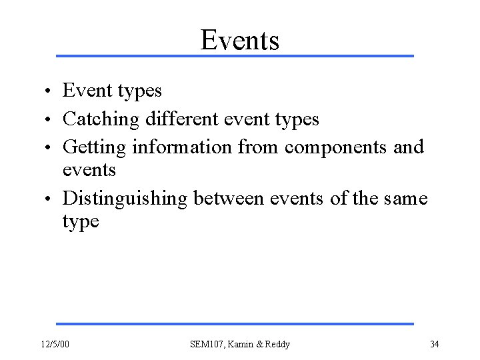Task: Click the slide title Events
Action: pyautogui.click(x=239, y=40)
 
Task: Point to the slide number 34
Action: pyautogui.click(x=434, y=344)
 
